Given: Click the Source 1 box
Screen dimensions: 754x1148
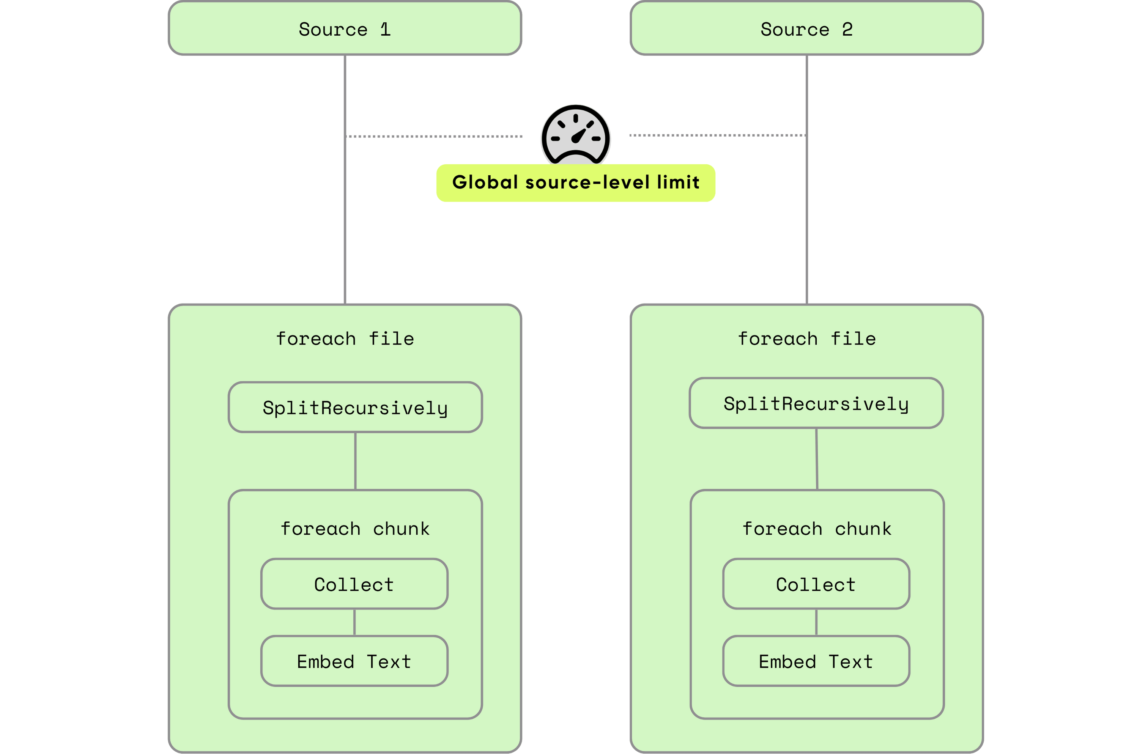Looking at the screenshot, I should coord(345,28).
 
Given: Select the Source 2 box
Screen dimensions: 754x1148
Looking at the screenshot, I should coord(806,28).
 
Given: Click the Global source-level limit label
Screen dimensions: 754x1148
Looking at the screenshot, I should coord(575,183).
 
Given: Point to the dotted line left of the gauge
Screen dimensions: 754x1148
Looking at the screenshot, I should coord(434,137).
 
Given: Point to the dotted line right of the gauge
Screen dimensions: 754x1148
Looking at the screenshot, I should coord(717,135).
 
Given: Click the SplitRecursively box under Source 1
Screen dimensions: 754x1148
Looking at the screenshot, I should coord(355,408).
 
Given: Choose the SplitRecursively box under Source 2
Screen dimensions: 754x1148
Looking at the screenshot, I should coord(816,403).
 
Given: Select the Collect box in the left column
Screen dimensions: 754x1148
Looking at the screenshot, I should coord(354,584).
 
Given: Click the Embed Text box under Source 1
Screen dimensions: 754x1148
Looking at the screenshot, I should coord(354,661).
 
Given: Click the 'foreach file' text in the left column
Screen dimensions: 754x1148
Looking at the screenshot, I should coord(345,338).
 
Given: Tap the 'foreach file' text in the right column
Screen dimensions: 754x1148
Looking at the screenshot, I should coord(806,338).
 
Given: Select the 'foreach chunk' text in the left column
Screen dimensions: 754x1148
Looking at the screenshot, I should coord(355,529).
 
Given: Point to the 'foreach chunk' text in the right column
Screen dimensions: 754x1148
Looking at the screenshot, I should coord(817,529).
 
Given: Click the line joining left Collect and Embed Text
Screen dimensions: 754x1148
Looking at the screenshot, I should coord(354,622).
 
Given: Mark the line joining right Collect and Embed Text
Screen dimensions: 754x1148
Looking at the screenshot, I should coord(816,622).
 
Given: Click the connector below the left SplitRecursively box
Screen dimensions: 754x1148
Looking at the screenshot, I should coord(356,461).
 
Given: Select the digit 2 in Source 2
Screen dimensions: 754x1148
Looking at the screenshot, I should coord(847,30).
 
